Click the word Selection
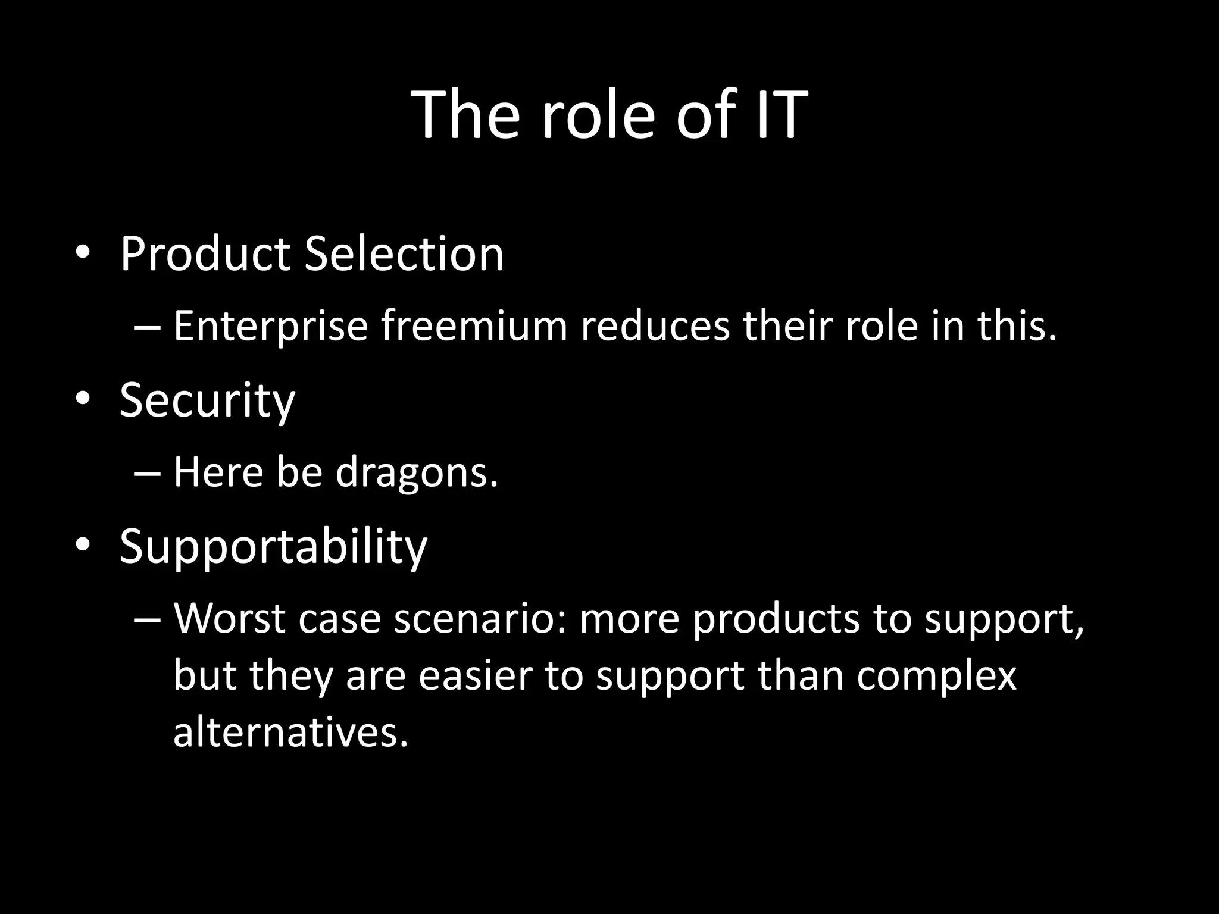click(x=404, y=254)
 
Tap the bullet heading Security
click(x=207, y=401)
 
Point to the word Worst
click(x=229, y=619)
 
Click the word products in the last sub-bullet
click(x=776, y=619)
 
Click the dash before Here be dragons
click(x=147, y=474)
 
